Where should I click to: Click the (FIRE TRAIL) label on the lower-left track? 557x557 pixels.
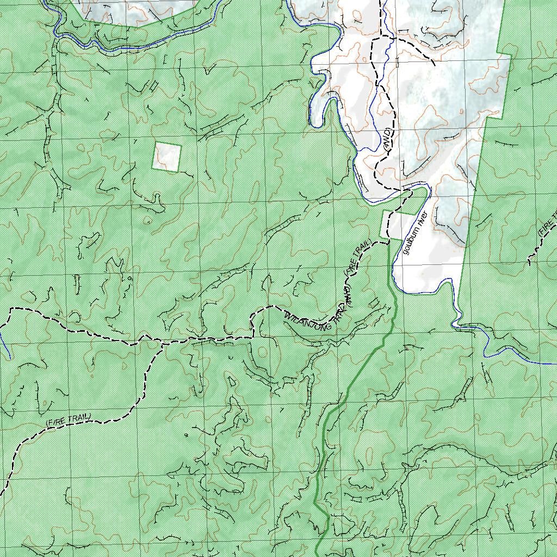[x=69, y=420]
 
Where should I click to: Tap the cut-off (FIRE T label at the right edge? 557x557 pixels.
[x=548, y=223]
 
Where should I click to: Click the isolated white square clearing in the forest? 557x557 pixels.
[x=166, y=157]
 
